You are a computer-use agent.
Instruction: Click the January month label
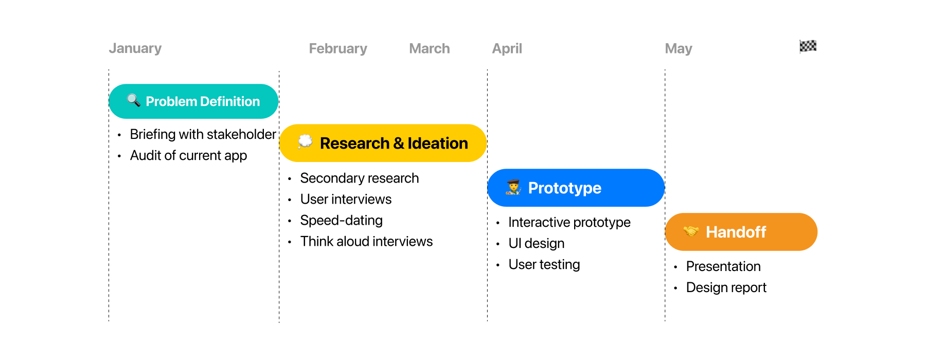135,48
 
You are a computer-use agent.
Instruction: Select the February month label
338,48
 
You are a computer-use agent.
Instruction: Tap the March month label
430,48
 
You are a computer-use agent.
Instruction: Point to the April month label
507,48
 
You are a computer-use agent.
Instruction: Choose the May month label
678,48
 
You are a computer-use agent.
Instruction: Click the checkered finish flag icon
808,46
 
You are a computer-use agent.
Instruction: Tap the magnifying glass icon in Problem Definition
134,100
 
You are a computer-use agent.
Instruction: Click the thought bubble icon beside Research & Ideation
305,141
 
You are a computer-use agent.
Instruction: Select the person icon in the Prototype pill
513,187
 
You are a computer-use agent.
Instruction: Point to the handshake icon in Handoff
691,231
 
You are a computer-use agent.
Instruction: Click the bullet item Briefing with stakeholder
203,134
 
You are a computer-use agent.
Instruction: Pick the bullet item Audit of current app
188,155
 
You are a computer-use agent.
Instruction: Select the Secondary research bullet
359,178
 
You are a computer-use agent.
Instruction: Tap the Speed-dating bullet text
341,220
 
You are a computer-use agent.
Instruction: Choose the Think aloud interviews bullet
366,241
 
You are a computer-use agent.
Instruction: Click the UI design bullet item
536,243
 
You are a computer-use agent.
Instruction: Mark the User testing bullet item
544,264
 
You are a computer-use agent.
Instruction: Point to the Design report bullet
726,287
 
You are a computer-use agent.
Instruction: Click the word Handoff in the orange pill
736,232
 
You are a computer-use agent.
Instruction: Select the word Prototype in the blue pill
564,188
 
